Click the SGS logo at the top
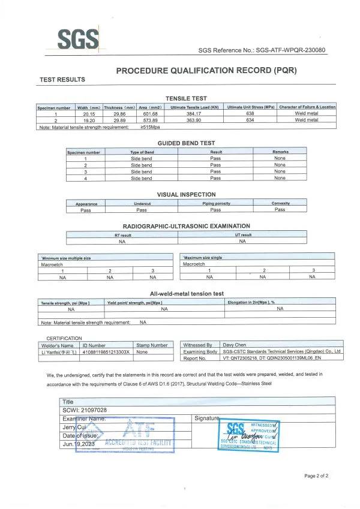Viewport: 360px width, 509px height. pos(78,40)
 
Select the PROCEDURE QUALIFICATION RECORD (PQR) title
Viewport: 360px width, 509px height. pos(206,71)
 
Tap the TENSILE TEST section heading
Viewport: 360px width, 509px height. pos(187,98)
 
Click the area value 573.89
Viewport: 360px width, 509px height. pos(147,120)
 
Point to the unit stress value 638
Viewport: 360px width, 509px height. pos(251,113)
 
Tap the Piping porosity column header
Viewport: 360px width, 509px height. pos(215,203)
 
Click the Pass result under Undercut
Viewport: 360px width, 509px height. pos(142,210)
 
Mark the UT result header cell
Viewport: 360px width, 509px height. pos(242,235)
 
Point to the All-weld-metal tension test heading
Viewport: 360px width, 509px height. pos(187,294)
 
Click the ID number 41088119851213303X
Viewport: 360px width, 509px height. pos(106,352)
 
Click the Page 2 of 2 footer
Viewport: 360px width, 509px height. pos(316,476)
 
